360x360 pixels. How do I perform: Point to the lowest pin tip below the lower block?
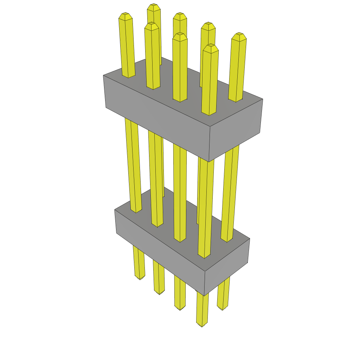pyautogui.click(x=202, y=325)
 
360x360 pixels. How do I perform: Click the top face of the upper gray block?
pyautogui.click(x=183, y=93)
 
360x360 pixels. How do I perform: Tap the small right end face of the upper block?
pyautogui.click(x=236, y=130)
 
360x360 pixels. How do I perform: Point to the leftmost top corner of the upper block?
pyautogui.click(x=103, y=75)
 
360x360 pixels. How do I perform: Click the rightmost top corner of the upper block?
pyautogui.click(x=263, y=99)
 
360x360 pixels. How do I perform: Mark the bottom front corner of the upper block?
pyautogui.click(x=209, y=162)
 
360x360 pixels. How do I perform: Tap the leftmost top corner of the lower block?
pyautogui.click(x=115, y=210)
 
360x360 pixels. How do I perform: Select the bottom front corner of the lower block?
pyautogui.click(x=204, y=296)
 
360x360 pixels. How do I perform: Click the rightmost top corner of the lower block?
pyautogui.click(x=250, y=239)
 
